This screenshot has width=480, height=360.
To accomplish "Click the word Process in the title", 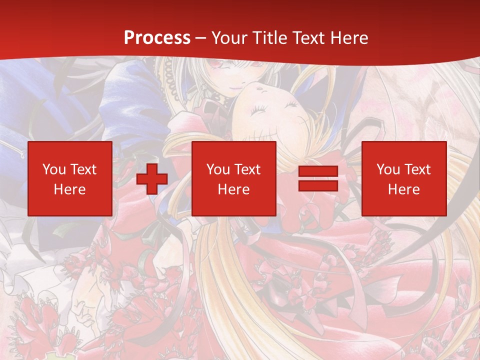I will pos(157,38).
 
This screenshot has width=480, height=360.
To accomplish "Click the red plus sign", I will pos(152,179).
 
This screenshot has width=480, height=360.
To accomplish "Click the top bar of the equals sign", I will pos(318,171).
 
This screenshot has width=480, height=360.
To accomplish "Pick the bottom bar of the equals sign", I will pos(318,186).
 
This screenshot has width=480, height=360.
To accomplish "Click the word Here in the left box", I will pos(69,189).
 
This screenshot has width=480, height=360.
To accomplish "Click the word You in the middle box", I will pos(218,169).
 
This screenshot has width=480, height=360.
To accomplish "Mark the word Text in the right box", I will pos(416,169).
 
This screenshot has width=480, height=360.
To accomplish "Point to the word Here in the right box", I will pos(403,189).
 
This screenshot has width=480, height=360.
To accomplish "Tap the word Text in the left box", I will pos(82,169).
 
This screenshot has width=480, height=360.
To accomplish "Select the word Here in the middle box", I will pos(233,189).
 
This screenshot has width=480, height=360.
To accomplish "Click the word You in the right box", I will pos(388,169).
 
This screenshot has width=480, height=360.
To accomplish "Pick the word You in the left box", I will pos(54,169).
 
